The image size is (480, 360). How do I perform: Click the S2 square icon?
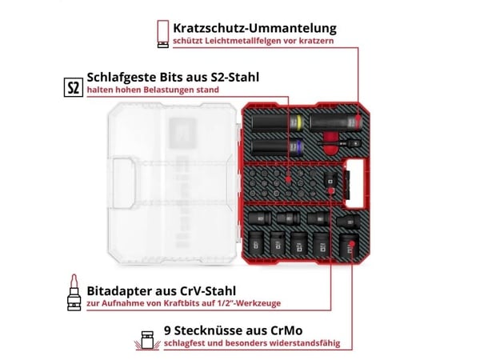pyautogui.click(x=74, y=87)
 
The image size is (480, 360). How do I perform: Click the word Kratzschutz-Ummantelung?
pyautogui.click(x=254, y=28)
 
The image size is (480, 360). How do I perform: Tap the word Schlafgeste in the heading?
pyautogui.click(x=122, y=78)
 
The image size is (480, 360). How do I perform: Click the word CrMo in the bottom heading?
pyautogui.click(x=286, y=330)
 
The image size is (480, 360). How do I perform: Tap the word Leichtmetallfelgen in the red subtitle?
pyautogui.click(x=242, y=41)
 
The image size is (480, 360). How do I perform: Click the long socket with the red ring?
pyautogui.click(x=336, y=123)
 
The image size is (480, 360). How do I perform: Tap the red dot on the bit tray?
pyautogui.click(x=288, y=179)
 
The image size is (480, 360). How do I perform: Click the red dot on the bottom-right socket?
pyautogui.click(x=352, y=244)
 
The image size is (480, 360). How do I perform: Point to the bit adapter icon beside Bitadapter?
pyautogui.click(x=74, y=293)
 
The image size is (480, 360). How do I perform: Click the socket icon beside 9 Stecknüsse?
pyautogui.click(x=147, y=340)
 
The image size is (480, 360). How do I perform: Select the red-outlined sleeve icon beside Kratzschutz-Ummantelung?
pyautogui.click(x=163, y=34)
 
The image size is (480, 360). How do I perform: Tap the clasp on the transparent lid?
pyautogui.click(x=123, y=182)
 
